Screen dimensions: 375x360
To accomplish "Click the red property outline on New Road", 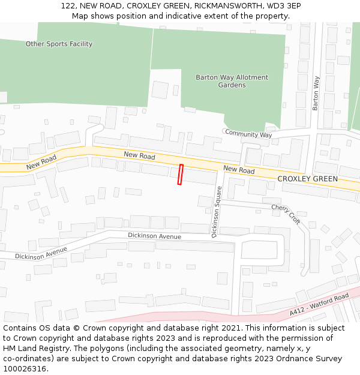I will point(180,175).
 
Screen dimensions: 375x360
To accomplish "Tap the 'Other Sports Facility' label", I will point(59,44).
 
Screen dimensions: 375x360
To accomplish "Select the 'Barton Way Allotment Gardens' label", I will point(232,81).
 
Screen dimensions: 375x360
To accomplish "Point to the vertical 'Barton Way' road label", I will point(316,93).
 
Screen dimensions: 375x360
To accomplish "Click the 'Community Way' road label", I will point(248,134).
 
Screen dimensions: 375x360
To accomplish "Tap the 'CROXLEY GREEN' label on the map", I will point(307,179).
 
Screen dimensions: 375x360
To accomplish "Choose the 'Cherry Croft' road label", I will point(286,213).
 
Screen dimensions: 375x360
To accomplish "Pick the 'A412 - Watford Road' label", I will point(319,304).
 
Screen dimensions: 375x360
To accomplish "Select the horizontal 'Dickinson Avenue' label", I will point(154,236).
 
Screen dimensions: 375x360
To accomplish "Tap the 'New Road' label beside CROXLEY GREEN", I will point(239,170).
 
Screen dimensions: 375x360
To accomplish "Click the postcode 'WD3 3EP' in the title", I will point(285,6).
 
